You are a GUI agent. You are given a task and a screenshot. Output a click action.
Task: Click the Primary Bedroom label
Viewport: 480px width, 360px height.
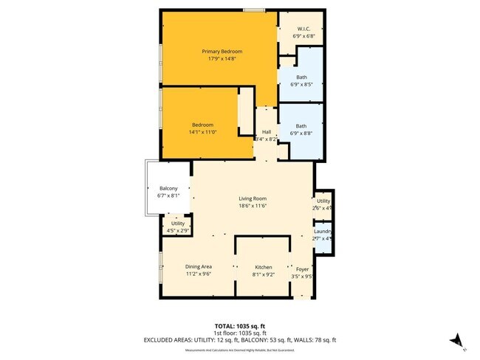coord(222,51)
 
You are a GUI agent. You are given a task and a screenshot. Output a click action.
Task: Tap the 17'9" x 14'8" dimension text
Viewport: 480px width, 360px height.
coord(222,59)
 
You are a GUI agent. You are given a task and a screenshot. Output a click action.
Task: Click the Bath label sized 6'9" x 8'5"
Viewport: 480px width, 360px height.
coord(301,77)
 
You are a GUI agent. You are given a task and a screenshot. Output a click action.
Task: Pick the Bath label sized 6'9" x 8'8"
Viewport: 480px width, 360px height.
coord(301,125)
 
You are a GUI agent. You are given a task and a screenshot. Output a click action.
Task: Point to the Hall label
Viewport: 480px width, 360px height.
coord(266,131)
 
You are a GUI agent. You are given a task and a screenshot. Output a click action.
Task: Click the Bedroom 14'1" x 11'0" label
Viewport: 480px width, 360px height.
coord(202,125)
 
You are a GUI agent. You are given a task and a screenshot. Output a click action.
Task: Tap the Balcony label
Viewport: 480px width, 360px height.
coord(168,188)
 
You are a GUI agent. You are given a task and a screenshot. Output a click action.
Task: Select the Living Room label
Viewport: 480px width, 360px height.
coord(252,198)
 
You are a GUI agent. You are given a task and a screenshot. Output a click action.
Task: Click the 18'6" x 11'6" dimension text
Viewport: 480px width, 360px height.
coord(252,207)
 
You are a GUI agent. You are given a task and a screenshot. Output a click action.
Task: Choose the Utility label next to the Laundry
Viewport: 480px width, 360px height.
coord(323,201)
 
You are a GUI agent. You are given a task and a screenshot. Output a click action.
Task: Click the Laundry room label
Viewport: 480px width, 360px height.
coord(323,231)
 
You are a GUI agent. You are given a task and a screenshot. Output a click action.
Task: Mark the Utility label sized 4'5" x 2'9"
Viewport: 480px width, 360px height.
coord(178,223)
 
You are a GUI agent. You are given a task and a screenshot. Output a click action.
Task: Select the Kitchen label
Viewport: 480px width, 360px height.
coord(264,266)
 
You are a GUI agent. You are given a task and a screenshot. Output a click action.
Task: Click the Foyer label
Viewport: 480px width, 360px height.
coord(303,269)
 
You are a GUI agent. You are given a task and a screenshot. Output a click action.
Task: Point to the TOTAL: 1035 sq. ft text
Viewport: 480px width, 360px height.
coord(240,325)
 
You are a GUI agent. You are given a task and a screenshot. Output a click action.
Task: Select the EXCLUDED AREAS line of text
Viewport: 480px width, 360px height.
coord(240,339)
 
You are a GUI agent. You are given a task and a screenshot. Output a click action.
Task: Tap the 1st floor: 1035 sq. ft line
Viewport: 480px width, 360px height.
coord(240,333)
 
